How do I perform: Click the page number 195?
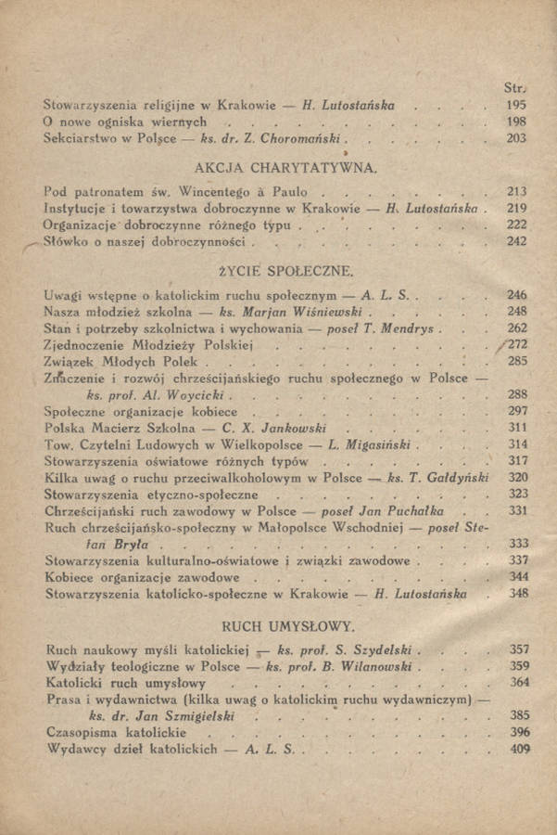[516, 105]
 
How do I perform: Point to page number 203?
[516, 138]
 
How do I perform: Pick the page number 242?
[516, 241]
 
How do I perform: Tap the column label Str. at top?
[514, 88]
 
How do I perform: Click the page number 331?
[517, 510]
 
